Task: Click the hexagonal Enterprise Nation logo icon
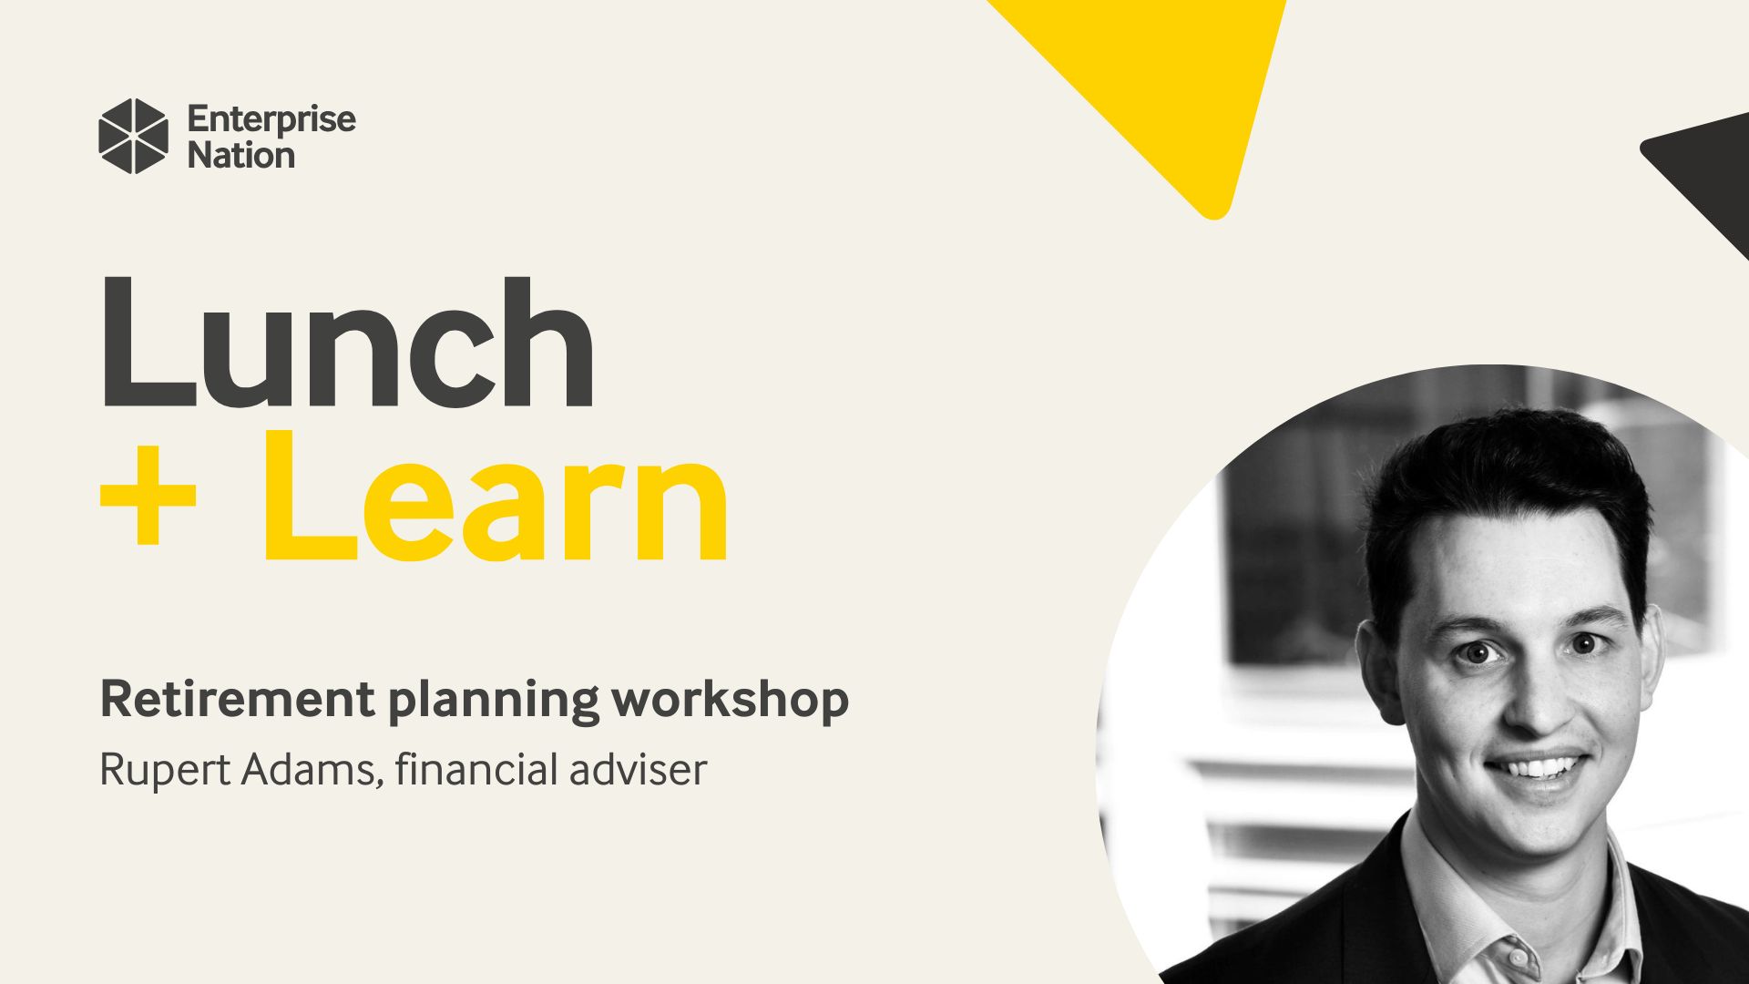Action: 133,136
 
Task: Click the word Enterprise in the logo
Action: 271,119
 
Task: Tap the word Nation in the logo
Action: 240,156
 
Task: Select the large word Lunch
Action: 346,344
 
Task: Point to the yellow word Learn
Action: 496,498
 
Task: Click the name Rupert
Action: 164,771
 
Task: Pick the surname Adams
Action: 308,769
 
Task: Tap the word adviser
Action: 638,769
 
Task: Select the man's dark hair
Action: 1503,474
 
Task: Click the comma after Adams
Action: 378,782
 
